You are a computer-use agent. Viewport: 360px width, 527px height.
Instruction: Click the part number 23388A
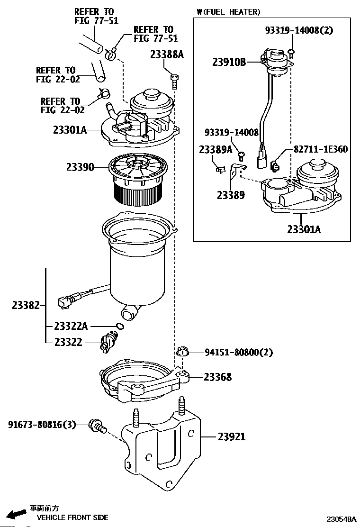click(x=167, y=55)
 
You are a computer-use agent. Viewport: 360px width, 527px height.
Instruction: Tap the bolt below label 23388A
click(x=174, y=82)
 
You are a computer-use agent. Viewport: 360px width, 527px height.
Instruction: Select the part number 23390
click(x=80, y=167)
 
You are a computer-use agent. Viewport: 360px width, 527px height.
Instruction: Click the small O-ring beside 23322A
click(x=120, y=326)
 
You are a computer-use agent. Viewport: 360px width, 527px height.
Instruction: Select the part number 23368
click(x=217, y=377)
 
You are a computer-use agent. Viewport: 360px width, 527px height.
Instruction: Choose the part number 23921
click(x=232, y=436)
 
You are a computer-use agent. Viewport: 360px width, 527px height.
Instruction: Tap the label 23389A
click(x=216, y=149)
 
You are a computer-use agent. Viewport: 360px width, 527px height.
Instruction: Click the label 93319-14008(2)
click(x=298, y=30)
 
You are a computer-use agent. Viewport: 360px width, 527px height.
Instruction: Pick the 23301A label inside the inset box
click(x=304, y=229)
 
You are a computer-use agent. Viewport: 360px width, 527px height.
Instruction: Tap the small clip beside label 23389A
click(x=219, y=168)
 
